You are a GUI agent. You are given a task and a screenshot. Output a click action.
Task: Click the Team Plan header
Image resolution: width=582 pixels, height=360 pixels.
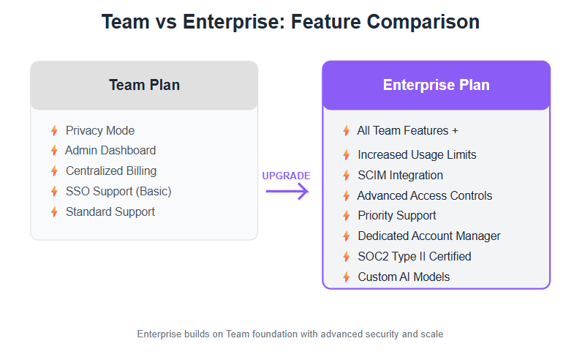pyautogui.click(x=144, y=85)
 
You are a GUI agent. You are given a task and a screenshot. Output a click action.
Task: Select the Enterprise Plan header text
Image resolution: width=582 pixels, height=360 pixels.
pyautogui.click(x=436, y=85)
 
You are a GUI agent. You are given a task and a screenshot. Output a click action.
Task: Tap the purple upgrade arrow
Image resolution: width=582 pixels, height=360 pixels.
pyautogui.click(x=287, y=191)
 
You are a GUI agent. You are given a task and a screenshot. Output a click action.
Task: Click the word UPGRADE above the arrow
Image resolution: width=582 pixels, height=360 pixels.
pyautogui.click(x=286, y=176)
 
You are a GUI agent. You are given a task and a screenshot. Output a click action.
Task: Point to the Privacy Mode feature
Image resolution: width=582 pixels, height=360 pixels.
pyautogui.click(x=100, y=131)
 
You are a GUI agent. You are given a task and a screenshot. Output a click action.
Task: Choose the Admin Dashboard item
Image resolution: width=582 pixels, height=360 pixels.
pyautogui.click(x=110, y=151)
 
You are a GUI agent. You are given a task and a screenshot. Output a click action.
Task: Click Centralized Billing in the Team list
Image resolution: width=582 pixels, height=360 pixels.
pyautogui.click(x=111, y=171)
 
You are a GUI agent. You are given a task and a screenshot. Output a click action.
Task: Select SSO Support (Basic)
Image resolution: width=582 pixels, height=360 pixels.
pyautogui.click(x=118, y=191)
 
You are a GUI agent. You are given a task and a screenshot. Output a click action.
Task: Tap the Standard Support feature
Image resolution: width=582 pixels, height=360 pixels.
pyautogui.click(x=110, y=211)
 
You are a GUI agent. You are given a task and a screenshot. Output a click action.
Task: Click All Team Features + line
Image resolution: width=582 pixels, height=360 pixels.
pyautogui.click(x=407, y=131)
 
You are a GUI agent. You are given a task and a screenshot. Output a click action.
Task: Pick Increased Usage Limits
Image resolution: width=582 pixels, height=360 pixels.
pyautogui.click(x=417, y=155)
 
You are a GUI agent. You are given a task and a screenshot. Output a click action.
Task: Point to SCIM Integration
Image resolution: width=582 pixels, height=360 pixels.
pyautogui.click(x=400, y=176)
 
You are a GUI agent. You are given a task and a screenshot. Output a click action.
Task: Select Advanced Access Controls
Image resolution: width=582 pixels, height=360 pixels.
pyautogui.click(x=425, y=196)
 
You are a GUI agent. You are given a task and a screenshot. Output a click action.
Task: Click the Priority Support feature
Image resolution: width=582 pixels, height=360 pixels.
pyautogui.click(x=397, y=215)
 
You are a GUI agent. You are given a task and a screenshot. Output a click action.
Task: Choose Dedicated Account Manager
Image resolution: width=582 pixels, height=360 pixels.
pyautogui.click(x=429, y=236)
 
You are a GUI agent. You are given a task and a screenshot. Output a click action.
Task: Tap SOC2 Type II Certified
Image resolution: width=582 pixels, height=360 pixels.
pyautogui.click(x=415, y=256)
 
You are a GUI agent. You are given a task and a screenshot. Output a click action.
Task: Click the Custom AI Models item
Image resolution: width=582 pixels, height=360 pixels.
pyautogui.click(x=404, y=277)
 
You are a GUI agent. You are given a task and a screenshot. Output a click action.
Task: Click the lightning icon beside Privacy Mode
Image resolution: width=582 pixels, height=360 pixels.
pyautogui.click(x=54, y=131)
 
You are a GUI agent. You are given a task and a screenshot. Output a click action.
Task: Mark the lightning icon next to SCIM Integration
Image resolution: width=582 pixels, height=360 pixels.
pyautogui.click(x=347, y=176)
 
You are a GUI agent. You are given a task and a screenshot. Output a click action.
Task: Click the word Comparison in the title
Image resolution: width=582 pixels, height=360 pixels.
pyautogui.click(x=423, y=22)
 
